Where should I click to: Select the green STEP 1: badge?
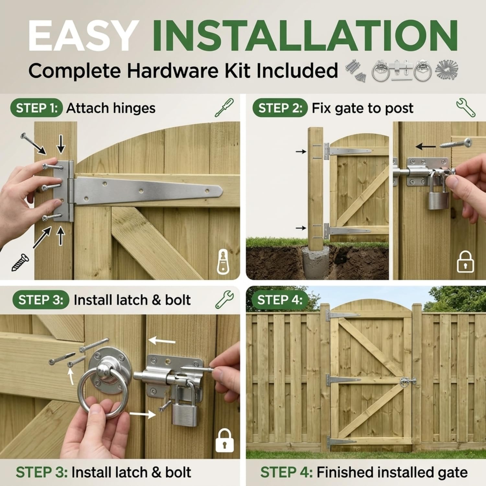[36, 108]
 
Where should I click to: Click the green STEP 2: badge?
[280, 108]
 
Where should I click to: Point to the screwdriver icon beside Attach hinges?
[224, 108]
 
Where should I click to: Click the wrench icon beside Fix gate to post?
[466, 107]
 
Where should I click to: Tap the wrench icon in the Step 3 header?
[225, 299]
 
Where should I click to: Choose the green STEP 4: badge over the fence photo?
[280, 300]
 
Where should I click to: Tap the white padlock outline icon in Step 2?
[465, 261]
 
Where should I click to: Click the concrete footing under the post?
[316, 261]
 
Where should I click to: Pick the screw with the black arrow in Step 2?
[456, 143]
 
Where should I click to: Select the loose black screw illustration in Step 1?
[20, 262]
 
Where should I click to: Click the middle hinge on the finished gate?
[343, 380]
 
